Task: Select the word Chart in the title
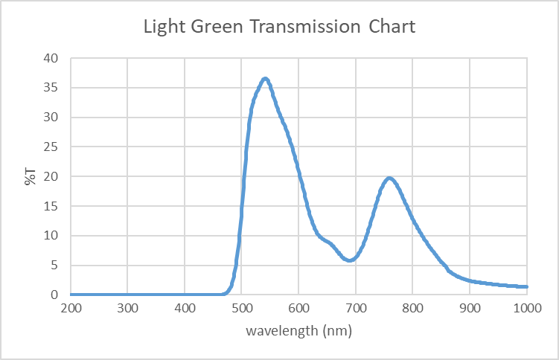pyautogui.click(x=391, y=28)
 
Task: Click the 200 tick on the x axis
pyautogui.click(x=71, y=307)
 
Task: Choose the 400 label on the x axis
pyautogui.click(x=185, y=307)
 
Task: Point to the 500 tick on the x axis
pyautogui.click(x=242, y=307)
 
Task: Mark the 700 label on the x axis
pyautogui.click(x=356, y=307)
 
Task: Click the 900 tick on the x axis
pyautogui.click(x=470, y=307)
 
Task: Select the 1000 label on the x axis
pyautogui.click(x=526, y=307)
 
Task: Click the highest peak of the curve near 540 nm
pyautogui.click(x=264, y=78)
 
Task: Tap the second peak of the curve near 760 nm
pyautogui.click(x=389, y=178)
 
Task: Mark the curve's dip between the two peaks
pyautogui.click(x=350, y=260)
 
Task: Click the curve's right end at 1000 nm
pyautogui.click(x=526, y=286)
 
